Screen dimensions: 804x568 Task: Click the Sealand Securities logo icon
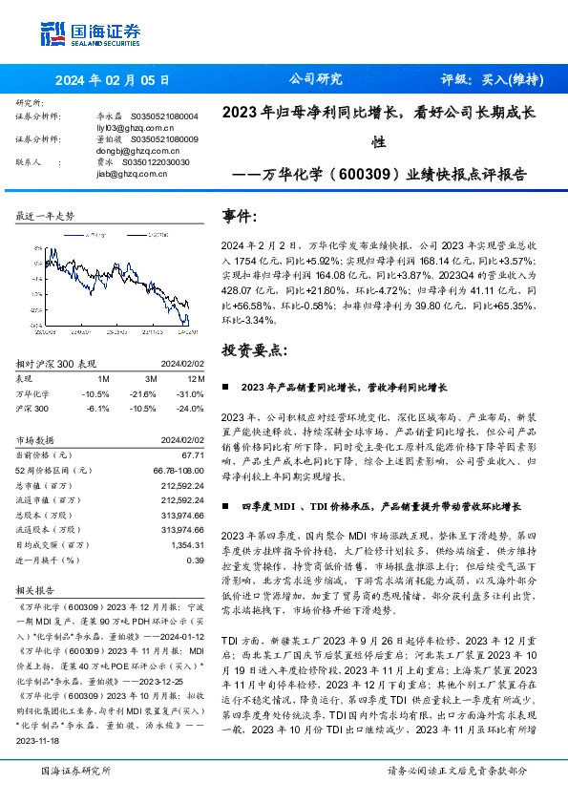53,32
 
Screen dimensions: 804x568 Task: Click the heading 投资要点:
254,351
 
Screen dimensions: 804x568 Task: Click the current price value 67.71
193,456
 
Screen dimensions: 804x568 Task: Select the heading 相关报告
37,589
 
